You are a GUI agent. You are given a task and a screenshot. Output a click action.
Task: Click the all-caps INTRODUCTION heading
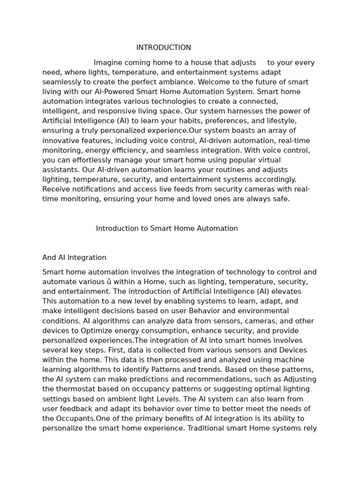[x=164, y=48]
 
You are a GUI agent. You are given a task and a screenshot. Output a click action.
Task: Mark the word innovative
[x=60, y=141]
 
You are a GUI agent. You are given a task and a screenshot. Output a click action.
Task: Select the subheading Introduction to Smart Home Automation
[x=167, y=229]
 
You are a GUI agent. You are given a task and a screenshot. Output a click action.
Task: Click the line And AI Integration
[x=74, y=258]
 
